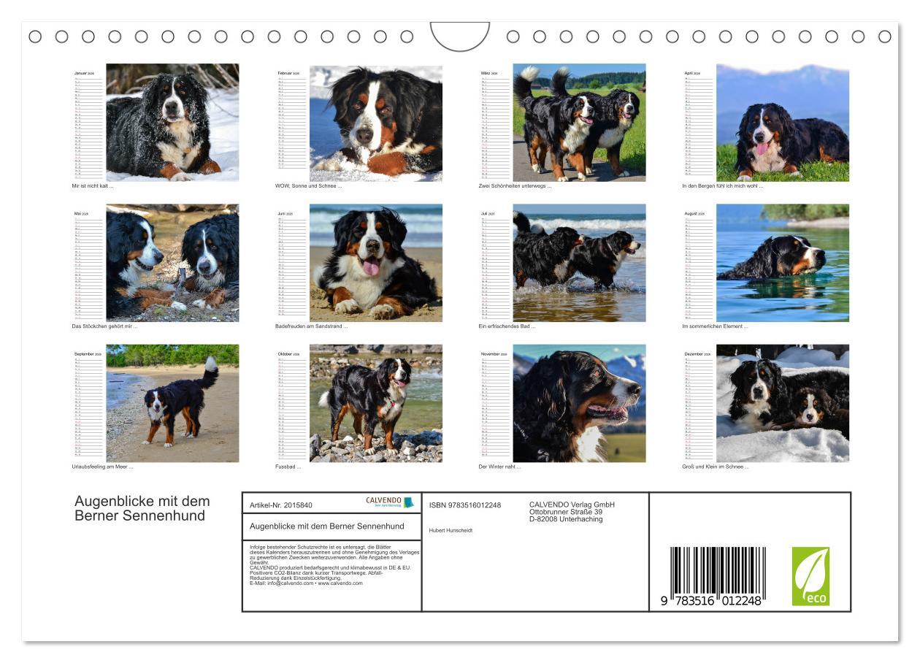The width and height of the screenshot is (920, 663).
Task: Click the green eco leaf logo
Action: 810,576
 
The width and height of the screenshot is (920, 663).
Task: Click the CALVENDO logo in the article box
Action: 389,502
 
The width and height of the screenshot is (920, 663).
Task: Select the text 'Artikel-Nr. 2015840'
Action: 281,505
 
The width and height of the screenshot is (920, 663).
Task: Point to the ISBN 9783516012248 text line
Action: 464,505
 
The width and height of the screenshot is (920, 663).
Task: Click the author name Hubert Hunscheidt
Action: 451,531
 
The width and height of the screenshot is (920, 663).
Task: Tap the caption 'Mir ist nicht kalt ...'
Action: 93,186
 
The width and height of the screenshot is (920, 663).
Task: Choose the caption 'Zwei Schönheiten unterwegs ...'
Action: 515,186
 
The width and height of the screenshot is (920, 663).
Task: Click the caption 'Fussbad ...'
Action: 288,467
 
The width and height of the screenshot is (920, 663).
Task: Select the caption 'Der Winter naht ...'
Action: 499,467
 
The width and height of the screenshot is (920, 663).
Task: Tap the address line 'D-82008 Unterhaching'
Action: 566,519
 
